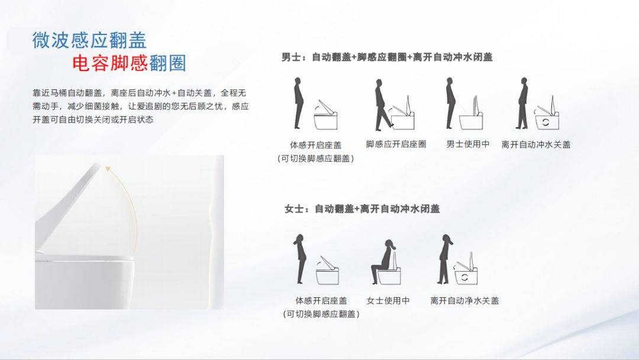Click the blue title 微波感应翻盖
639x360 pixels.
pyautogui.click(x=89, y=40)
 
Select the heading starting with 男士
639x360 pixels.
pyautogui.click(x=387, y=57)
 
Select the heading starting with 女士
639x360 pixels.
pyautogui.click(x=362, y=209)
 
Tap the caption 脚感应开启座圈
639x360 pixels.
pyautogui.click(x=396, y=144)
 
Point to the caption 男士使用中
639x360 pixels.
pyautogui.click(x=468, y=144)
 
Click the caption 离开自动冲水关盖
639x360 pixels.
pyautogui.click(x=536, y=144)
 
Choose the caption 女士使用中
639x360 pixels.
pyautogui.click(x=388, y=301)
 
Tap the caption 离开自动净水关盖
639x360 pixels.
pyautogui.click(x=464, y=301)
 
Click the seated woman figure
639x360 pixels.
pyautogui.click(x=383, y=262)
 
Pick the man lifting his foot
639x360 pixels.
pyautogui.click(x=382, y=105)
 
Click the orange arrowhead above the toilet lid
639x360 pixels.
pyautogui.click(x=108, y=168)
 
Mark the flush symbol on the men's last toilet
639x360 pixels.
pyautogui.click(x=546, y=122)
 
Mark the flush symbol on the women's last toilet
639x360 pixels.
pyautogui.click(x=464, y=278)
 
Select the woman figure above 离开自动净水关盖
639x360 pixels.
pyautogui.click(x=444, y=259)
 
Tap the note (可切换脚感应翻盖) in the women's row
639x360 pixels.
pyautogui.click(x=321, y=314)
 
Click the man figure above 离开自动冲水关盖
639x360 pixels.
pyautogui.click(x=522, y=103)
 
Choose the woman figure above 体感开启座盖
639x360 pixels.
pyautogui.click(x=301, y=259)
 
